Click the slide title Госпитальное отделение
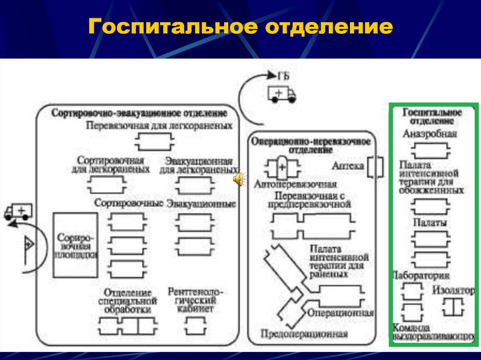coord(240,27)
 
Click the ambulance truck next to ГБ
coord(281,93)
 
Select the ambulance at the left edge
coord(18,212)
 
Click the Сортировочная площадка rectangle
coord(75,245)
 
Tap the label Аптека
coord(348,166)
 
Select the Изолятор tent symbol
coord(453,307)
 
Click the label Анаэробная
coord(430,134)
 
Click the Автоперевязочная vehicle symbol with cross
coord(281,168)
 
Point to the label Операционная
coord(340,313)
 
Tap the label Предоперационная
coord(304,334)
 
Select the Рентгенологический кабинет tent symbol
coord(194,324)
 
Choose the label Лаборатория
coord(421,276)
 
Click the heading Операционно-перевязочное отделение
coord(310,145)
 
